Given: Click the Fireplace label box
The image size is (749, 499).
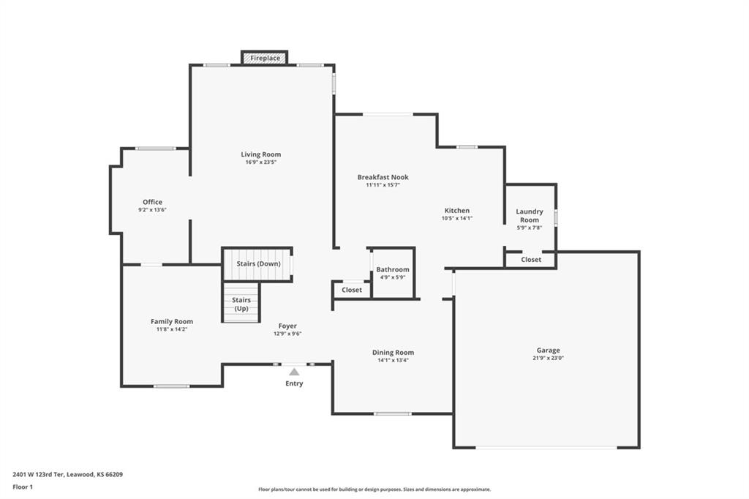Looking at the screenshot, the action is click(265, 58).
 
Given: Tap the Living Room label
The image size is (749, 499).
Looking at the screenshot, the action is click(261, 154).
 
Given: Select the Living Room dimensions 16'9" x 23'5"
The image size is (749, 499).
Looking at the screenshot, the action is click(261, 162).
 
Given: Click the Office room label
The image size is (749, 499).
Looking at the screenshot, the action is click(152, 202).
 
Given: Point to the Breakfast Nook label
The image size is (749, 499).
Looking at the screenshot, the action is click(383, 177).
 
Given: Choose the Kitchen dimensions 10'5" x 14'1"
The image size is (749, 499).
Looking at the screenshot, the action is click(457, 219).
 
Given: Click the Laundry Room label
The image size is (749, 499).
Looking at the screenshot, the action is click(530, 216).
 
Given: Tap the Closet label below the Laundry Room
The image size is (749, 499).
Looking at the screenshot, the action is click(531, 260).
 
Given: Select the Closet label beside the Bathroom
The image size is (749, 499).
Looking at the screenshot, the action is click(352, 290).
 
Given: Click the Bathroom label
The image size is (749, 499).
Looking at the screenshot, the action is click(393, 269).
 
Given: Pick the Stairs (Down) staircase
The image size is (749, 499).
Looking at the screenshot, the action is click(258, 264).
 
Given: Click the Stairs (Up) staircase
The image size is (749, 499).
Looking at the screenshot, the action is click(241, 303).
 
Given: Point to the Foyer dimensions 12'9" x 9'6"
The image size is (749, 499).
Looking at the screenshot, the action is click(287, 334).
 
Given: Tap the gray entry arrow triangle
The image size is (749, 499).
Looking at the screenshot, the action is click(294, 372).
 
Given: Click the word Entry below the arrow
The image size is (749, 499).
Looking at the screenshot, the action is click(294, 383).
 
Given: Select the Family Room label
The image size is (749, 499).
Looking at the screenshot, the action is click(172, 322).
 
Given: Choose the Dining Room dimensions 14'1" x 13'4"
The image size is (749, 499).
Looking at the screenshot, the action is click(393, 361).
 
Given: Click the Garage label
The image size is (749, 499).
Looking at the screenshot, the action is click(548, 350).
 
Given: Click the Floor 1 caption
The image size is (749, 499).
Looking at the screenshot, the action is click(23, 487).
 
